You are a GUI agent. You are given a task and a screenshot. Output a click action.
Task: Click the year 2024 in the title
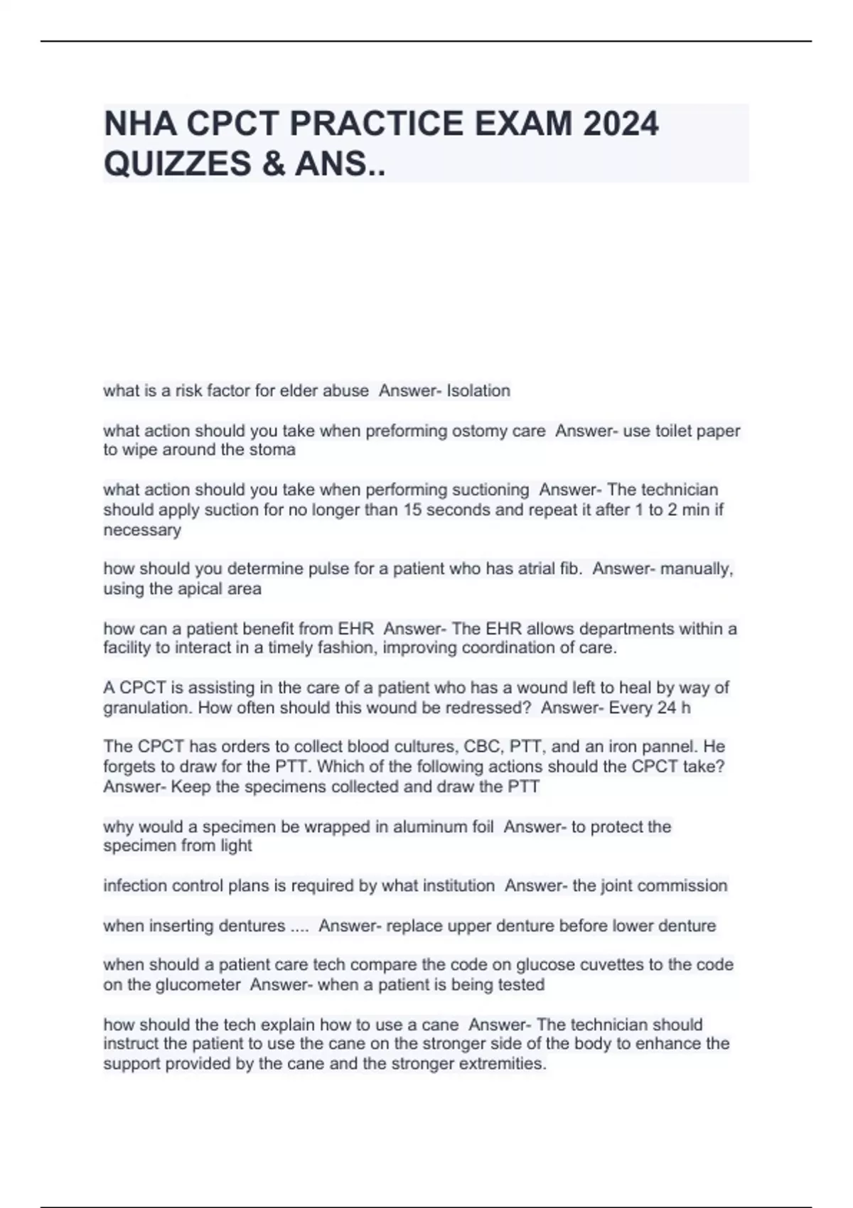pos(621,124)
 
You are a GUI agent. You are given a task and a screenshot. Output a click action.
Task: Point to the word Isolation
pos(478,391)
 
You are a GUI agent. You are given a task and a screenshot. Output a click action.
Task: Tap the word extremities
pos(500,1064)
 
